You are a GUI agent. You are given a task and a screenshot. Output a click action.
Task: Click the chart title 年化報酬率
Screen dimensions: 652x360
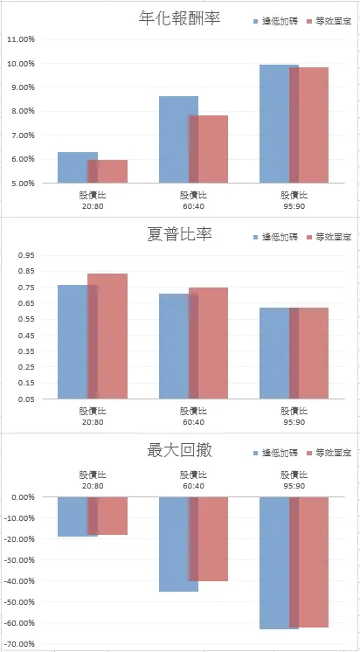tap(180, 17)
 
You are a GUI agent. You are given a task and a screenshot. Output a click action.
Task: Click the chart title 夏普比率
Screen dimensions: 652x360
tap(180, 234)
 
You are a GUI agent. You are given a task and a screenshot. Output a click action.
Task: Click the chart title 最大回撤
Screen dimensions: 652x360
tap(180, 451)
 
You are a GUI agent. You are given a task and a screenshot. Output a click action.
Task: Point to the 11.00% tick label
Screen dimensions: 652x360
tap(20, 39)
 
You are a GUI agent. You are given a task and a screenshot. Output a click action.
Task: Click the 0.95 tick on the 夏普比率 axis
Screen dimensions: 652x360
tap(24, 255)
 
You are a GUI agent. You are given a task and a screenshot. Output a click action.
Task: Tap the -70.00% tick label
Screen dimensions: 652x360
tap(19, 644)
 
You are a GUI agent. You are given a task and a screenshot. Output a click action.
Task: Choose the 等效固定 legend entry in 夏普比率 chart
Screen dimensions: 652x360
tap(332, 237)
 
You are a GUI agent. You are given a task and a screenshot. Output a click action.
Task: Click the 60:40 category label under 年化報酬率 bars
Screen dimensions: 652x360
tap(193, 200)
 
